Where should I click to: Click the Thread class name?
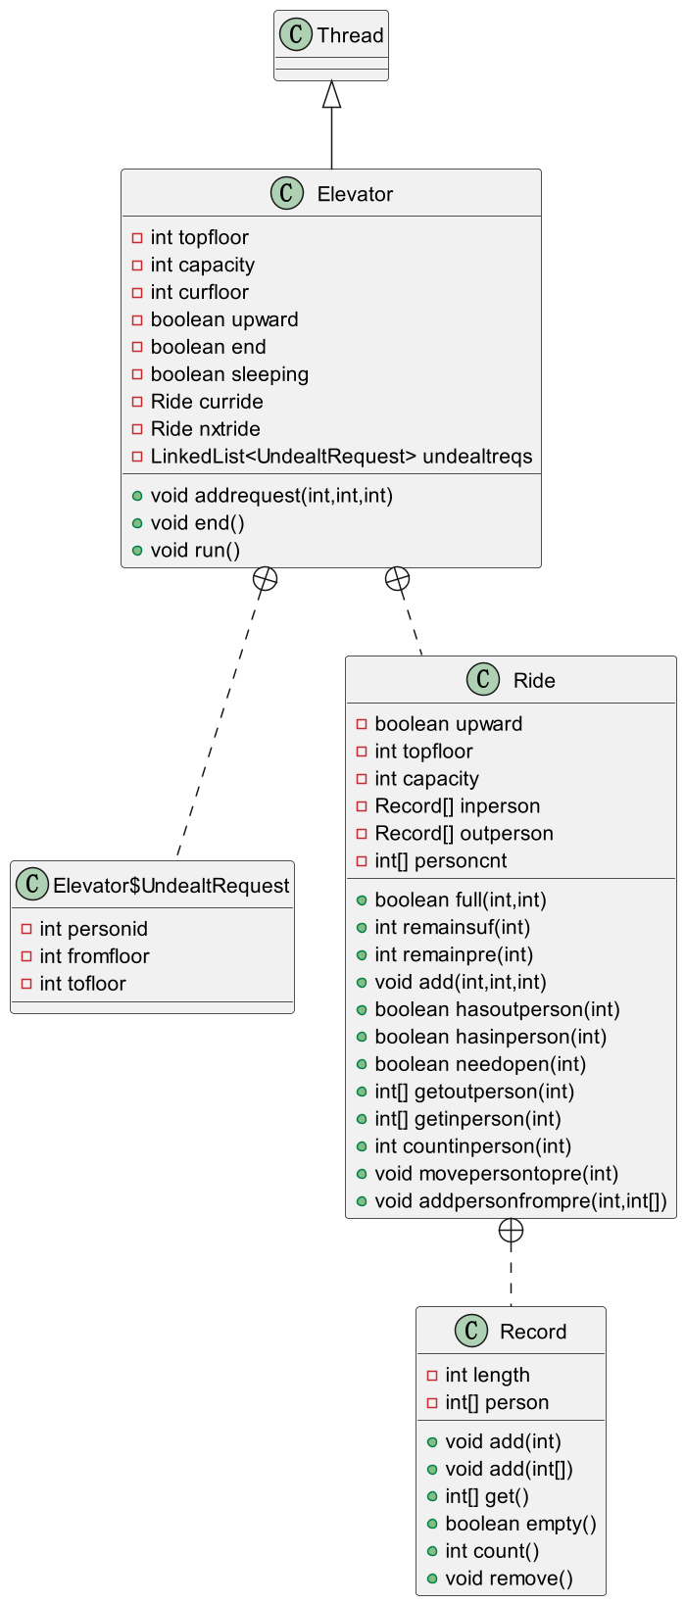coord(351,35)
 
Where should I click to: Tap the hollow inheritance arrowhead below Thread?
coord(332,94)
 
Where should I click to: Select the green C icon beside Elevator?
coord(286,193)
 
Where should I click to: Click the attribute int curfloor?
coord(199,292)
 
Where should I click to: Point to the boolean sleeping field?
coord(229,374)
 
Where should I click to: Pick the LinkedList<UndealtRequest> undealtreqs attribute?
coord(341,457)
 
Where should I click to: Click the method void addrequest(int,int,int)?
coord(271,496)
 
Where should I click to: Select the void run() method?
coord(195,550)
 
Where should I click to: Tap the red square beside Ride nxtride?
coord(137,429)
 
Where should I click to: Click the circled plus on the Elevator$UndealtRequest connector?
coord(266,579)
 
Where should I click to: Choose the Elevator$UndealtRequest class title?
coord(171,886)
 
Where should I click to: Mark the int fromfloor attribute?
coord(95,956)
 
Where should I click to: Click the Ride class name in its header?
coord(534,680)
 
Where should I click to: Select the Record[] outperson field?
coord(464,834)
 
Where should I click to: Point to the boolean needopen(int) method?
coord(480,1064)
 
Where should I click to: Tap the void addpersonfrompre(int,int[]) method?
coord(521,1201)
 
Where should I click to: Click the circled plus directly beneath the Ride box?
coord(511,1231)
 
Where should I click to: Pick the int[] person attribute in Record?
coord(497,1402)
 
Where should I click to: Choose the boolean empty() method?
coord(521,1523)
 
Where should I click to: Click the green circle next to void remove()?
coord(432,1579)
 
